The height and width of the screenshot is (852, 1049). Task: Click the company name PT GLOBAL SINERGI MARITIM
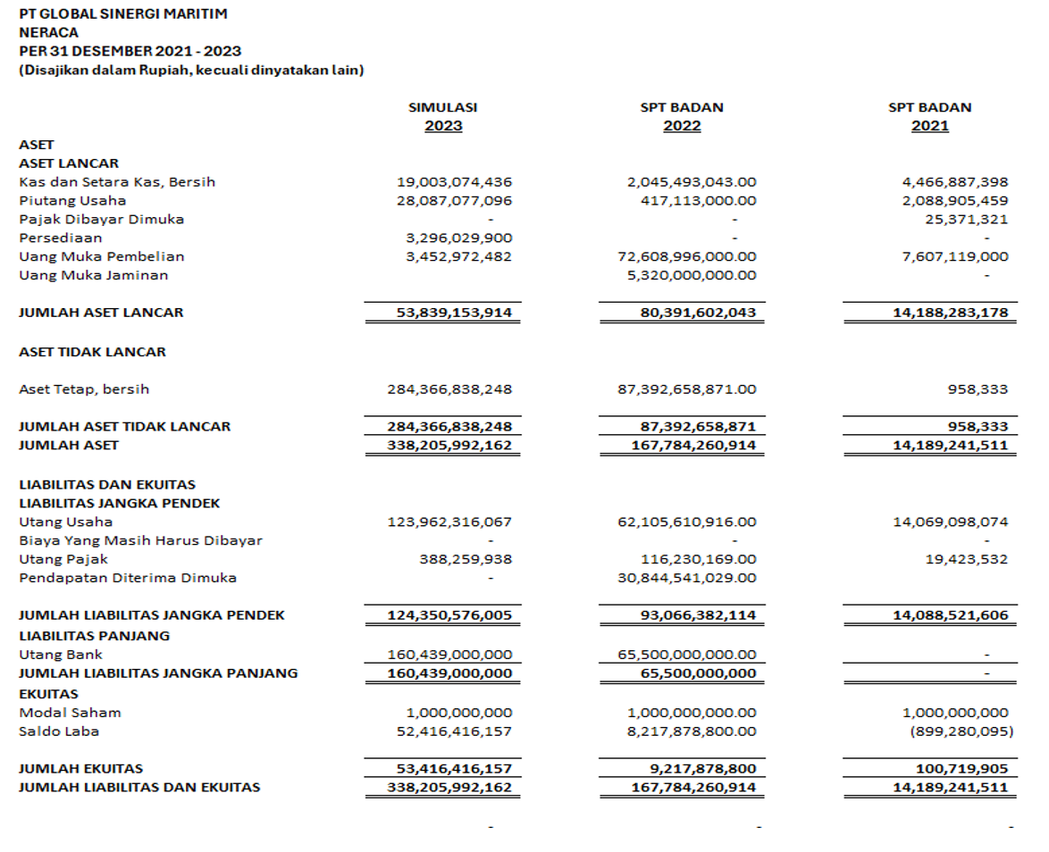(122, 13)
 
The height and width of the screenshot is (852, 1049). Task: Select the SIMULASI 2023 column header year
(443, 126)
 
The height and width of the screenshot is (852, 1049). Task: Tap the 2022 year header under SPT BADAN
(682, 126)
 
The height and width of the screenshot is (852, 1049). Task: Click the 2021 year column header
(929, 126)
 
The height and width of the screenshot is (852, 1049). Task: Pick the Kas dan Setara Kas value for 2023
(454, 182)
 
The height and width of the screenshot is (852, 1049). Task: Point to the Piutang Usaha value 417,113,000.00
(699, 201)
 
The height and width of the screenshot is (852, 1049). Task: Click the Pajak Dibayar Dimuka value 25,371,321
(967, 220)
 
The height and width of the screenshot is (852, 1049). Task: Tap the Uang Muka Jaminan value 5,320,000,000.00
(692, 276)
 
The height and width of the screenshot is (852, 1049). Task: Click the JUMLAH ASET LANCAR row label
(101, 313)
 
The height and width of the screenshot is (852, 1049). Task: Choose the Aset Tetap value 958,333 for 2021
(979, 389)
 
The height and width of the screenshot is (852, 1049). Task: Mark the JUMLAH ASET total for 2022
(684, 445)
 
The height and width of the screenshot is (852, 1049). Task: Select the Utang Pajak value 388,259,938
(466, 559)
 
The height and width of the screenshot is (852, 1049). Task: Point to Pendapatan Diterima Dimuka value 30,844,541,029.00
(688, 578)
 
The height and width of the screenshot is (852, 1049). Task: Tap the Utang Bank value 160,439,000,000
(449, 655)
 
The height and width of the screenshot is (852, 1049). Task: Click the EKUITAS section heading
(48, 694)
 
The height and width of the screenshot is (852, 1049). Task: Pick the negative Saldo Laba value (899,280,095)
(961, 731)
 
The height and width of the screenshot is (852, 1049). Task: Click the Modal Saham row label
(70, 713)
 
